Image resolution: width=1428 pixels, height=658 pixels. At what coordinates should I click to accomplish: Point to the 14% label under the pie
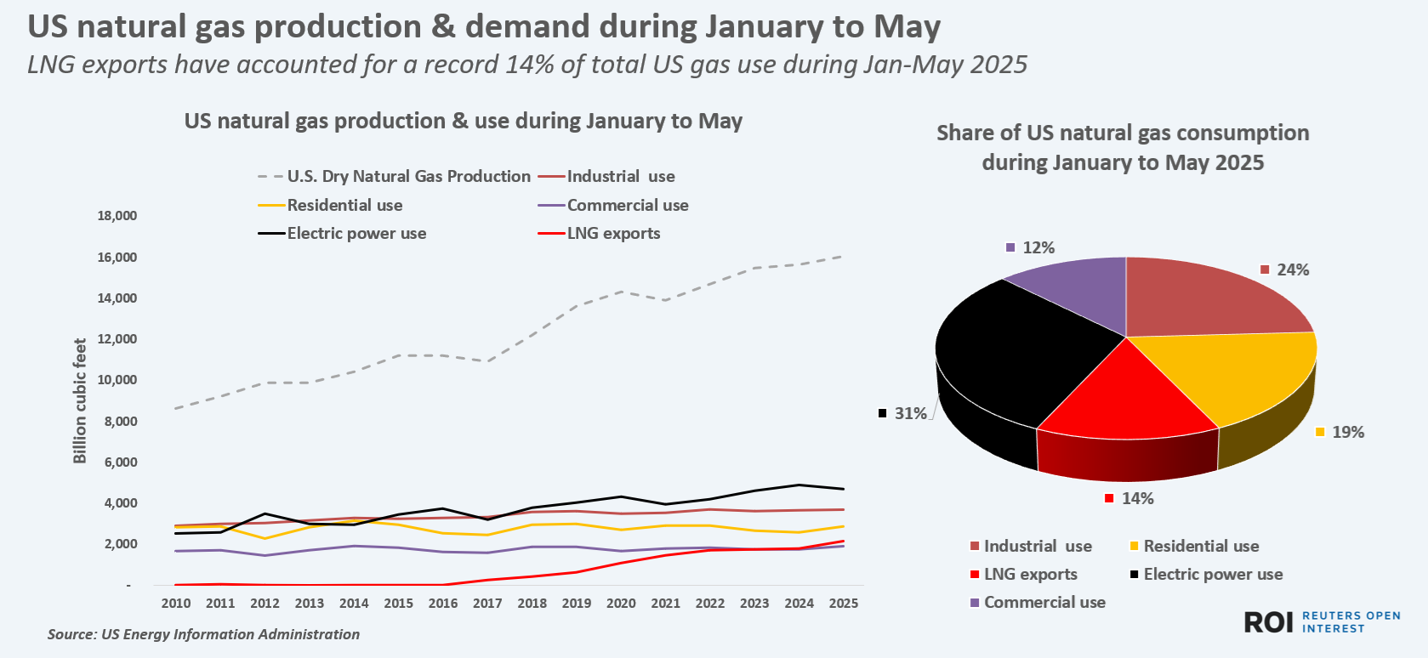[1137, 498]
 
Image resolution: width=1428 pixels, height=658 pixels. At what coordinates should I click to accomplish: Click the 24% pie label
[1293, 269]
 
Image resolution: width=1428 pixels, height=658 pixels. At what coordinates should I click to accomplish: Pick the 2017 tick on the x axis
[487, 603]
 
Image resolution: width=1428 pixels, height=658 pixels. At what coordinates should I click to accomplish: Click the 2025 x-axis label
[844, 603]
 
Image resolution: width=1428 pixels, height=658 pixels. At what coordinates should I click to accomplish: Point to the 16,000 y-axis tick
[117, 257]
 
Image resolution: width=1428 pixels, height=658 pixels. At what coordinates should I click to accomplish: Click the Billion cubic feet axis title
[80, 400]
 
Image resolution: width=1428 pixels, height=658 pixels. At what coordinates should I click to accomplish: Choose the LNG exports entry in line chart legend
[613, 233]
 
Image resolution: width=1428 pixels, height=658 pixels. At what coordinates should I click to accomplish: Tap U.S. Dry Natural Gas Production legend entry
[408, 176]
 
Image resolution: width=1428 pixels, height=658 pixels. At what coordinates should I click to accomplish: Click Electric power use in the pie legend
[1213, 574]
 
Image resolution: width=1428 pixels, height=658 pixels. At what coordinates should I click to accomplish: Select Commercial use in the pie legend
[1044, 602]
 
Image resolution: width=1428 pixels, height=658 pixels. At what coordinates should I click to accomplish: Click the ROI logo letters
[1269, 622]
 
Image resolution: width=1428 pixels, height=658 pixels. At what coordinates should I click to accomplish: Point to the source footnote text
[203, 634]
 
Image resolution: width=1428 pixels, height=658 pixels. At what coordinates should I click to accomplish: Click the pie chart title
[1123, 147]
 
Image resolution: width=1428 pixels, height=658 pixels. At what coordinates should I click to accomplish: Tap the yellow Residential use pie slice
[1242, 374]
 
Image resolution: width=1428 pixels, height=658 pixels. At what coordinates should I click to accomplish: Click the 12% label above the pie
[1038, 247]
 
